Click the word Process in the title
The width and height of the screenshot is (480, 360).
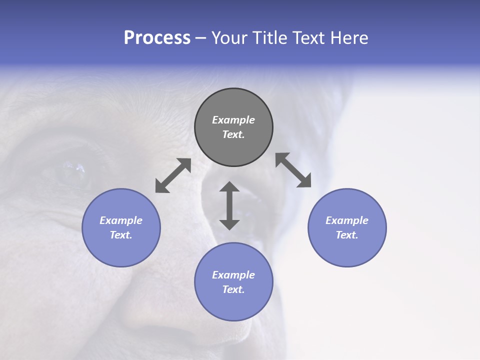coord(157,38)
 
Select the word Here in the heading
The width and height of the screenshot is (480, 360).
coord(350,38)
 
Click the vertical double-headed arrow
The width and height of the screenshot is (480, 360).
coord(229,205)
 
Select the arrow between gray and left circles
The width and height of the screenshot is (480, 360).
coord(173,175)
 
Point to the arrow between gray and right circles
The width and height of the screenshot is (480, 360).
coord(293,170)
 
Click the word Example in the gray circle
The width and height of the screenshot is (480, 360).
coord(233,120)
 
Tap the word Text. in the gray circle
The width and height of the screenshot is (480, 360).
coord(233,134)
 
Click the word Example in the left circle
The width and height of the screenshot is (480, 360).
coord(121,220)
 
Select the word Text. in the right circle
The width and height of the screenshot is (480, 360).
coord(347,235)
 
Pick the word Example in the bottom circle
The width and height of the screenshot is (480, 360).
coord(233,275)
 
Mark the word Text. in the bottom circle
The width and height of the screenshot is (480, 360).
coord(233,289)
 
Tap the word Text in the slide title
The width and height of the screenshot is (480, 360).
coord(309,38)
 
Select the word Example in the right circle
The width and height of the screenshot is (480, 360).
coord(347,220)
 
